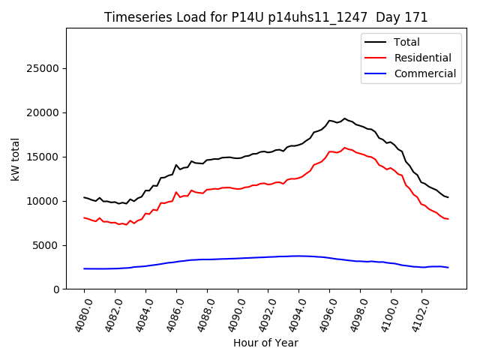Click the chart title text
[265, 17]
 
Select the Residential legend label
[422, 58]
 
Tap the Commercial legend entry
[424, 73]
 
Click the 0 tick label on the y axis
[56, 289]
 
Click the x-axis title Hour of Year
[265, 343]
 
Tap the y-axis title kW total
[15, 159]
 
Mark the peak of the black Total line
[345, 118]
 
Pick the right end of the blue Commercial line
[448, 268]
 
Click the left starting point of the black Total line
[84, 197]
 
